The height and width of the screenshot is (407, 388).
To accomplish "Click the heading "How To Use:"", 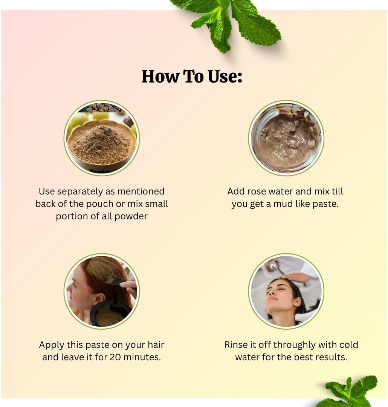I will click(192, 76).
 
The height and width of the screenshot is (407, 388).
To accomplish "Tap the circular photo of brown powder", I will click(102, 138).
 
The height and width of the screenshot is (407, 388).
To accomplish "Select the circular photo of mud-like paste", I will click(286, 138).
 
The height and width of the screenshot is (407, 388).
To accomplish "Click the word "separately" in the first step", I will click(84, 191).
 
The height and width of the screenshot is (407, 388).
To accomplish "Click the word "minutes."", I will click(145, 357).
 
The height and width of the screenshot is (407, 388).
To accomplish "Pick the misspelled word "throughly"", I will click(295, 345).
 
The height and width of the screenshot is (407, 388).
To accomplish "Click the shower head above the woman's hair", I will click(273, 266).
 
